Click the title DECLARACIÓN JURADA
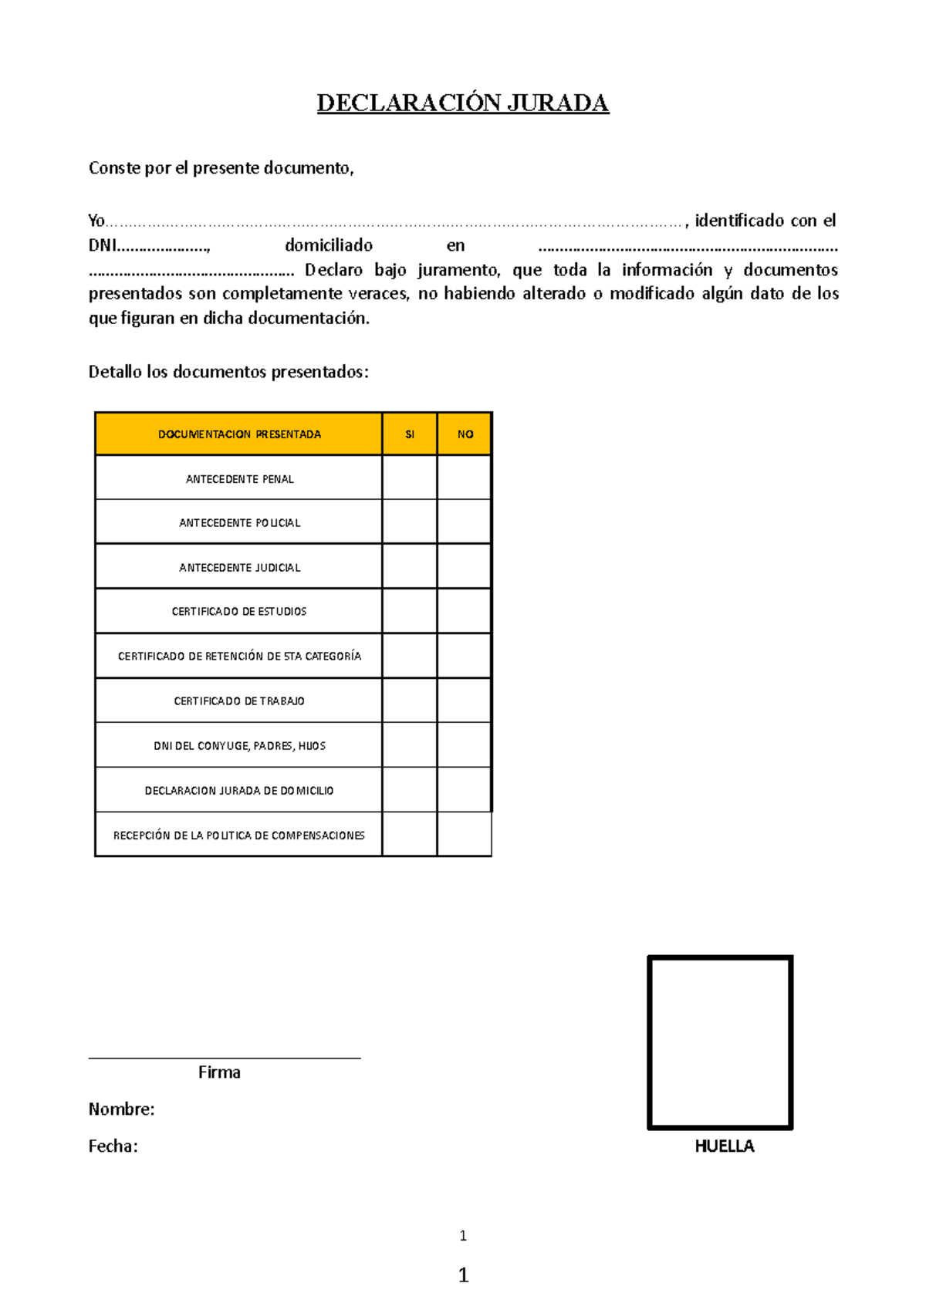pyautogui.click(x=463, y=103)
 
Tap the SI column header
pyautogui.click(x=410, y=434)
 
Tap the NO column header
pyautogui.click(x=465, y=434)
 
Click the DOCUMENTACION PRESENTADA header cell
pyautogui.click(x=239, y=434)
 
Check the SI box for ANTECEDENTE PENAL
pyautogui.click(x=410, y=478)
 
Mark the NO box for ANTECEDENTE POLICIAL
pyautogui.click(x=465, y=522)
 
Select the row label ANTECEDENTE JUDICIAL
pyautogui.click(x=239, y=567)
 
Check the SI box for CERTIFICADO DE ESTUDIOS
pyautogui.click(x=410, y=611)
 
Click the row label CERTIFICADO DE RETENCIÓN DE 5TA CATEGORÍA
pyautogui.click(x=239, y=656)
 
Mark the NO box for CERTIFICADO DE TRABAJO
pyautogui.click(x=465, y=701)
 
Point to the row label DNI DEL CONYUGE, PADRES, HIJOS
pyautogui.click(x=239, y=745)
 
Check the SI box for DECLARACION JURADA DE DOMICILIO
pyautogui.click(x=410, y=790)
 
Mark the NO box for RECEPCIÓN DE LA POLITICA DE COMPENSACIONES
pyautogui.click(x=465, y=835)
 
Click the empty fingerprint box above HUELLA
pyautogui.click(x=720, y=1042)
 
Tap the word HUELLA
pyautogui.click(x=724, y=1146)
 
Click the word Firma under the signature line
pyautogui.click(x=219, y=1072)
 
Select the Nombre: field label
pyautogui.click(x=121, y=1109)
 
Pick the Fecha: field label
pyautogui.click(x=113, y=1146)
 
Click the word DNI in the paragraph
pyautogui.click(x=102, y=245)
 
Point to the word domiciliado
pyautogui.click(x=329, y=245)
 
